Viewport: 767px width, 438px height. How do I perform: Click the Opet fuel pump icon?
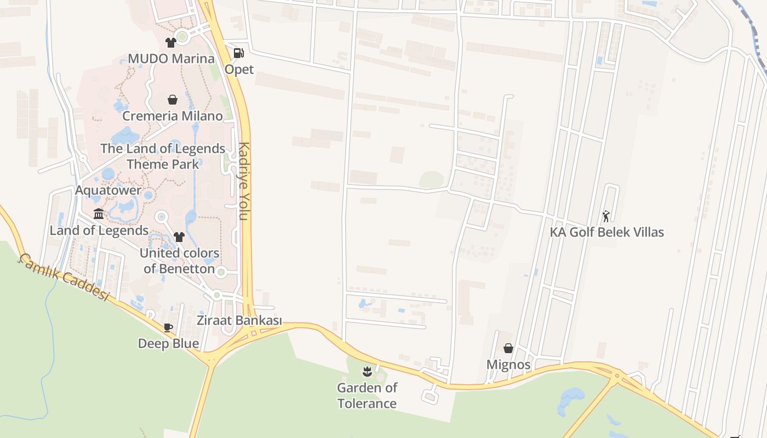pos(239,53)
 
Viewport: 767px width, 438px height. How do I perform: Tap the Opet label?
pos(239,70)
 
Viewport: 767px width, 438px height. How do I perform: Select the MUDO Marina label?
pos(171,59)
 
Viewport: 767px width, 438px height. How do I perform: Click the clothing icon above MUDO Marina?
pos(171,42)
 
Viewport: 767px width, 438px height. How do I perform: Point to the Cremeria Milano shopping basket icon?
pos(173,100)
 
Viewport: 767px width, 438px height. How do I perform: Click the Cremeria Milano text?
pos(173,116)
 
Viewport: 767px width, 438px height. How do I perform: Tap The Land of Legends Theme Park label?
pos(163,156)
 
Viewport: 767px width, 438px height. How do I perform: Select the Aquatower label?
pos(108,191)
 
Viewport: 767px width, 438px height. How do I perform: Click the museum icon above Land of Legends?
pos(99,214)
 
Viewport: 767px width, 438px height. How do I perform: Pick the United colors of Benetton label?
pos(179,261)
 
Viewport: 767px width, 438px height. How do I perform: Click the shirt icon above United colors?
pos(179,237)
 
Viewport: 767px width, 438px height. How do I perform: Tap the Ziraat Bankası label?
pos(239,321)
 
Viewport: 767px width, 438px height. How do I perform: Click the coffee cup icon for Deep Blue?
pos(168,327)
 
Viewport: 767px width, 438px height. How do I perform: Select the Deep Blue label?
pos(168,343)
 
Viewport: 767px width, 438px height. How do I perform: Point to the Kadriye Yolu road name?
pos(244,181)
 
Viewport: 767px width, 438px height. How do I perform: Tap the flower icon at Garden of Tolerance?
pos(367,372)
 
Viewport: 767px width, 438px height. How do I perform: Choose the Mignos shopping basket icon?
pos(508,348)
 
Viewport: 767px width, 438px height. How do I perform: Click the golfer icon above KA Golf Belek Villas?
pos(606,216)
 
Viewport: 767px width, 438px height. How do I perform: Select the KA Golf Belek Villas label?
pos(606,232)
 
